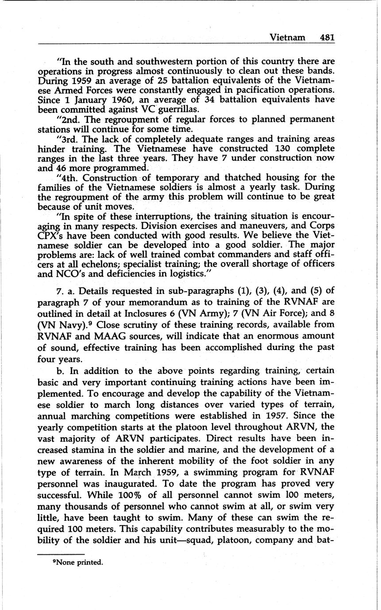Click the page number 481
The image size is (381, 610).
pos(327,37)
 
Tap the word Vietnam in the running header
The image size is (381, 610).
pos(287,37)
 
